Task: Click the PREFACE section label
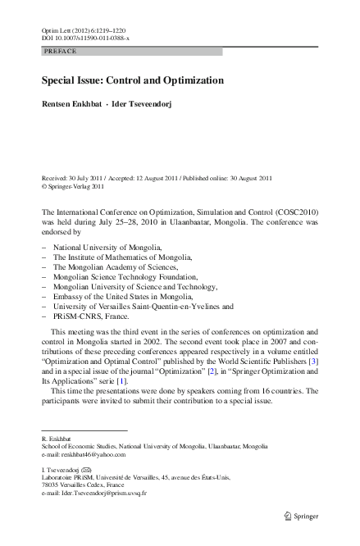coord(60,51)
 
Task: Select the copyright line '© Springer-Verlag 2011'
coord(74,186)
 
